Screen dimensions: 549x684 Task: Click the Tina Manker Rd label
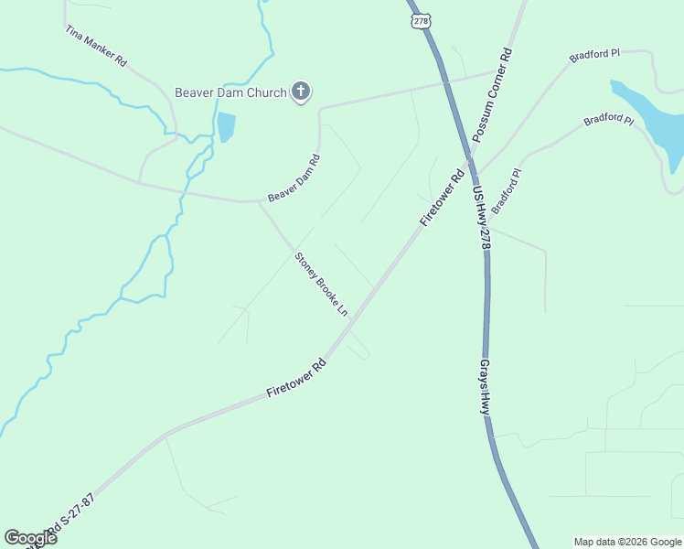pos(95,45)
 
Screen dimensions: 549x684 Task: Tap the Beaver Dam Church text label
pos(230,92)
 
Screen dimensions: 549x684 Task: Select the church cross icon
pos(301,91)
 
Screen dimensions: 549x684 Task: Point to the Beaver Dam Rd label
pos(294,178)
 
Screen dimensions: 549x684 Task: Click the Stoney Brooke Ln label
pos(321,285)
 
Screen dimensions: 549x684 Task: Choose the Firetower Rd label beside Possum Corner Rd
pos(443,197)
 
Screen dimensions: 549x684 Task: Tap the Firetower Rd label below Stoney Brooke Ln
pos(296,378)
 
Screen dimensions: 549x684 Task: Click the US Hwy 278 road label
pos(482,218)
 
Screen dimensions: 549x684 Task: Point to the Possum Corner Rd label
pos(493,96)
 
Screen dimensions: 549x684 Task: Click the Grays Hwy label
pos(486,387)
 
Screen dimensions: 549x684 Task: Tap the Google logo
pos(30,537)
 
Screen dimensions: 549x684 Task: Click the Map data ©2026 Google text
pos(627,542)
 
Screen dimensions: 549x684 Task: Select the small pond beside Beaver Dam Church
pos(226,127)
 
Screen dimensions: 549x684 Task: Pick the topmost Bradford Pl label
pos(594,56)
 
